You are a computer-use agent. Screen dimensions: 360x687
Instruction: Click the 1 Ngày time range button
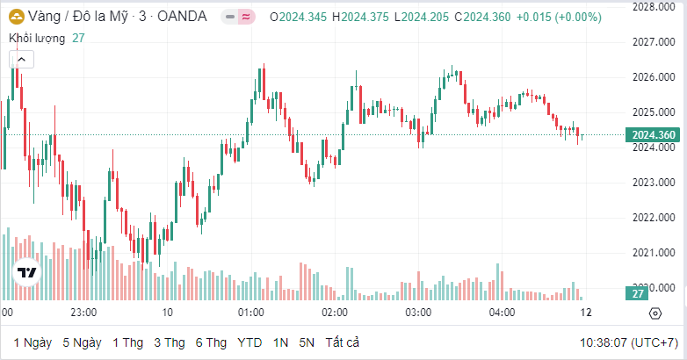coord(33,342)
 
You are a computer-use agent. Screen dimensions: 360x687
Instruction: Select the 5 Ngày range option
coord(82,342)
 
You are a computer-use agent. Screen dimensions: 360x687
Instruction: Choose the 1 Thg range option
coord(127,342)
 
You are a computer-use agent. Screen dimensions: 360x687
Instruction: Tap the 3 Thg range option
coord(170,342)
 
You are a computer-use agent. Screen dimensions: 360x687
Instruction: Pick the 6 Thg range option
coord(211,342)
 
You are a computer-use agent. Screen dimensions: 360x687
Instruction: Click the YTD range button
coord(250,342)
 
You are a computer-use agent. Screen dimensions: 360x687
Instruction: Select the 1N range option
coord(281,342)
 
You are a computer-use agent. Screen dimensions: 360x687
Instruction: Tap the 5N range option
coord(307,342)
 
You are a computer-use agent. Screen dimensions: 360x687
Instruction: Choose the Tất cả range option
coord(342,342)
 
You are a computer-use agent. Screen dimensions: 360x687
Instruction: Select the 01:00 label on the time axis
coord(251,313)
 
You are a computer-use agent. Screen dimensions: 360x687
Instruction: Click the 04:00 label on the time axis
coord(502,313)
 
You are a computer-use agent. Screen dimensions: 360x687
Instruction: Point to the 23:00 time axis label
coord(83,313)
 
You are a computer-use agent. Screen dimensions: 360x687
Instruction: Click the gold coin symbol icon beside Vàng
coord(16,16)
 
